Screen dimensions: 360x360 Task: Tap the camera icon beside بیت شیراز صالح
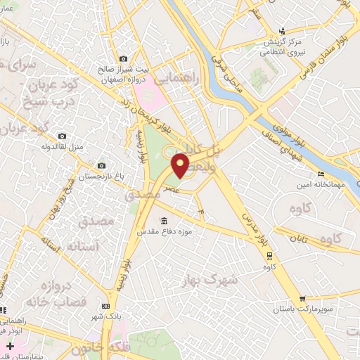(124, 59)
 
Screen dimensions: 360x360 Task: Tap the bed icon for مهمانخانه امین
(321, 174)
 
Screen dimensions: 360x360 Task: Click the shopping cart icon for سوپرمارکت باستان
(302, 299)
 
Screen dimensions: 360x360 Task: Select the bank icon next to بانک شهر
(106, 306)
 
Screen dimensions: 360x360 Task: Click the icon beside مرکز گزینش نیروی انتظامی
(282, 30)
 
